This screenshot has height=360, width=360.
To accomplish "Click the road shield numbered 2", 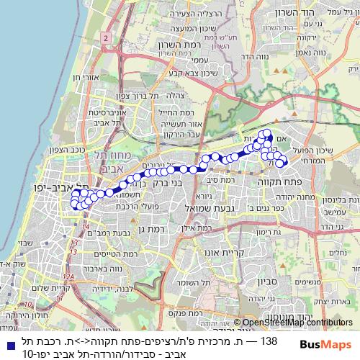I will [106, 37].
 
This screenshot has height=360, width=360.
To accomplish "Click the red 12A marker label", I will [68, 276].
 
